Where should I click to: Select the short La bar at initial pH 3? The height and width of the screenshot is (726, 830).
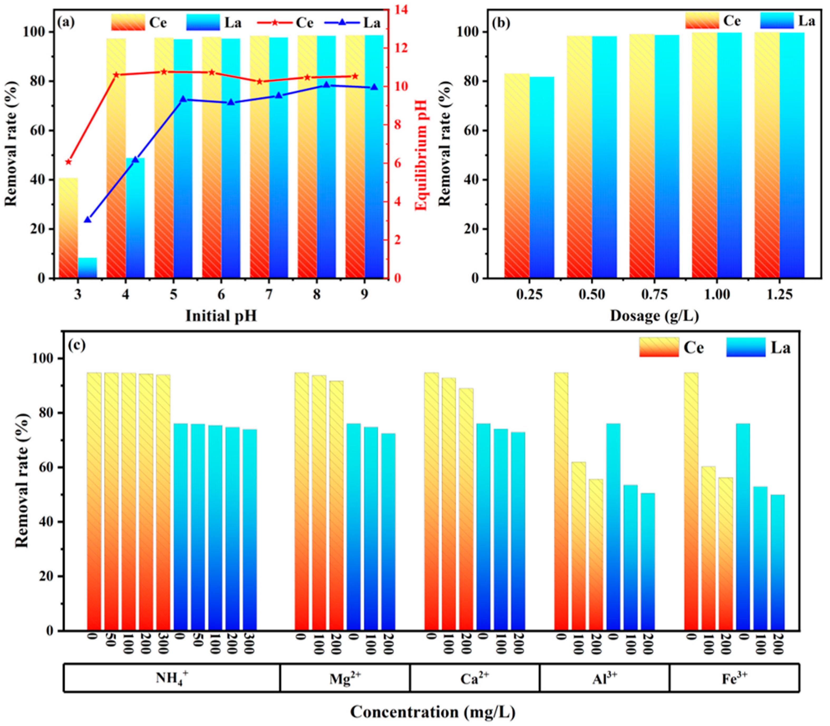click(88, 268)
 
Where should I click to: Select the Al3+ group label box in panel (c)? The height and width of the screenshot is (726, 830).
click(604, 679)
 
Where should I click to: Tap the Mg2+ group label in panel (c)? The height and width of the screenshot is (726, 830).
click(345, 679)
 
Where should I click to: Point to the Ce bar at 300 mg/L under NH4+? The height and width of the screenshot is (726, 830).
click(163, 502)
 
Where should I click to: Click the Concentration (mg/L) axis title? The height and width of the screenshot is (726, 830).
click(433, 712)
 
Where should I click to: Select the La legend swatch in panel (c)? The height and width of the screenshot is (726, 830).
click(746, 347)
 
